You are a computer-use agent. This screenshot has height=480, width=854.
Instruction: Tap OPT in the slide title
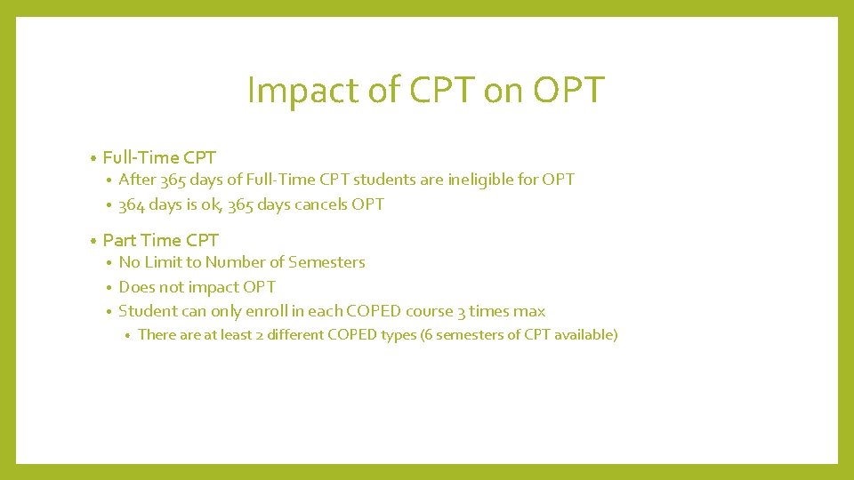[569, 91]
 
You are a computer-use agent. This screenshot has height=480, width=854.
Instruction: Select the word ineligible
[480, 180]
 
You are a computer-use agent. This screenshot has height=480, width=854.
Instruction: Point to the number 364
[132, 204]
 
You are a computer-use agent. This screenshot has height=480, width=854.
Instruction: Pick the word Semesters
[326, 262]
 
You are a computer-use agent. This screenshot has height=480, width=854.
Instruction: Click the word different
[295, 335]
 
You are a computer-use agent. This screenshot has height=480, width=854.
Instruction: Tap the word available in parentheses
[584, 335]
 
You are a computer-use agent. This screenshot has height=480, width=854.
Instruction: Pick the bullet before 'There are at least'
[128, 336]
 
